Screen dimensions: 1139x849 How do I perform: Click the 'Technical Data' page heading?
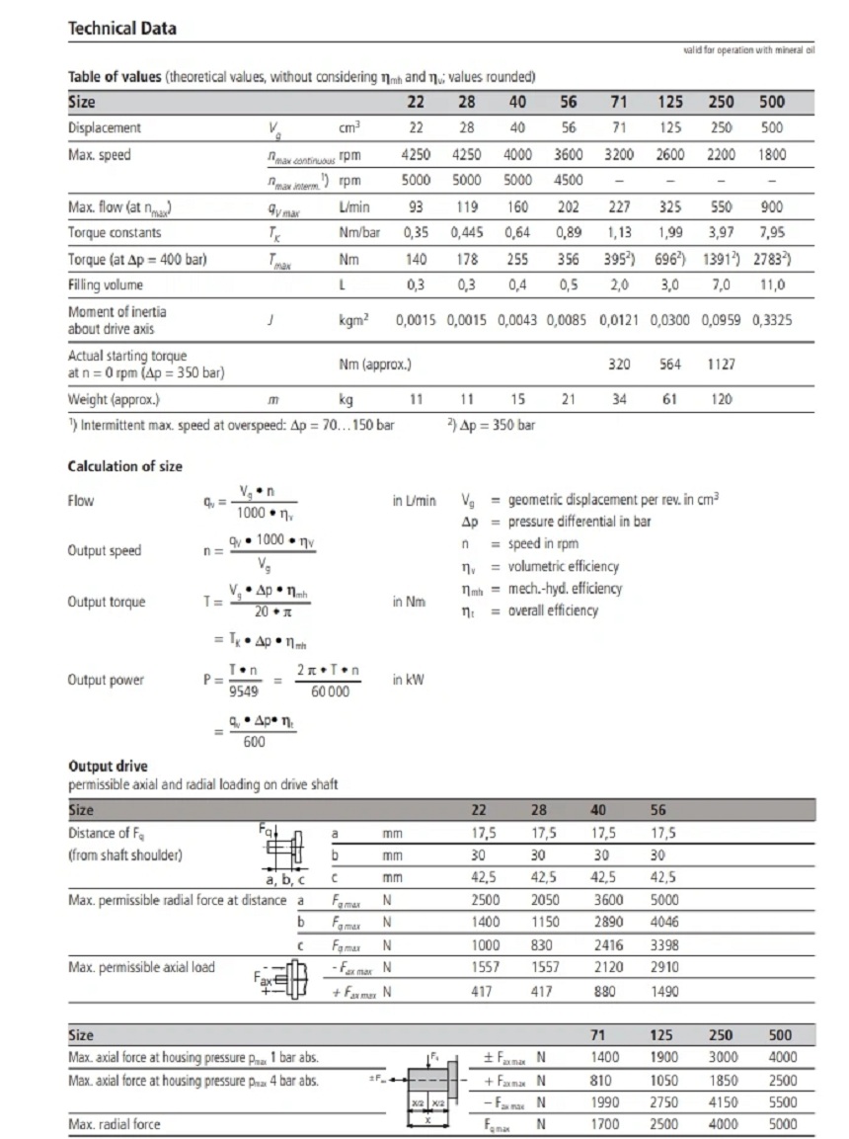122,29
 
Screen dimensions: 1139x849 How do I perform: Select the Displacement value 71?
619,128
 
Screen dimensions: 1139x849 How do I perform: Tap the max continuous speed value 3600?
568,155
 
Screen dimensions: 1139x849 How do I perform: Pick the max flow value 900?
772,207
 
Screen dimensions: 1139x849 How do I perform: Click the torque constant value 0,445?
466,233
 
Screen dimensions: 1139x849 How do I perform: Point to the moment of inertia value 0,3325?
772,320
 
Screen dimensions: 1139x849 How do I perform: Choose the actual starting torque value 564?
669,364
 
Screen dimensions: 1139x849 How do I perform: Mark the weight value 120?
723,400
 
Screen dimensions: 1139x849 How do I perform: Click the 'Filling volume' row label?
106,285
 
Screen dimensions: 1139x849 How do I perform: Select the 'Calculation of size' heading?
124,466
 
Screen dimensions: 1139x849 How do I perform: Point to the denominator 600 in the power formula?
254,743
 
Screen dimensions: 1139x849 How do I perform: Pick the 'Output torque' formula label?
106,603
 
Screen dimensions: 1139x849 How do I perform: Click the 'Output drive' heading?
108,767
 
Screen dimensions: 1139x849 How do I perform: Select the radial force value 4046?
664,922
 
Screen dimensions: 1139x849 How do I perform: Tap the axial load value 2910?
664,968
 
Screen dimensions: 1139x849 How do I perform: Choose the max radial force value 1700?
604,1124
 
